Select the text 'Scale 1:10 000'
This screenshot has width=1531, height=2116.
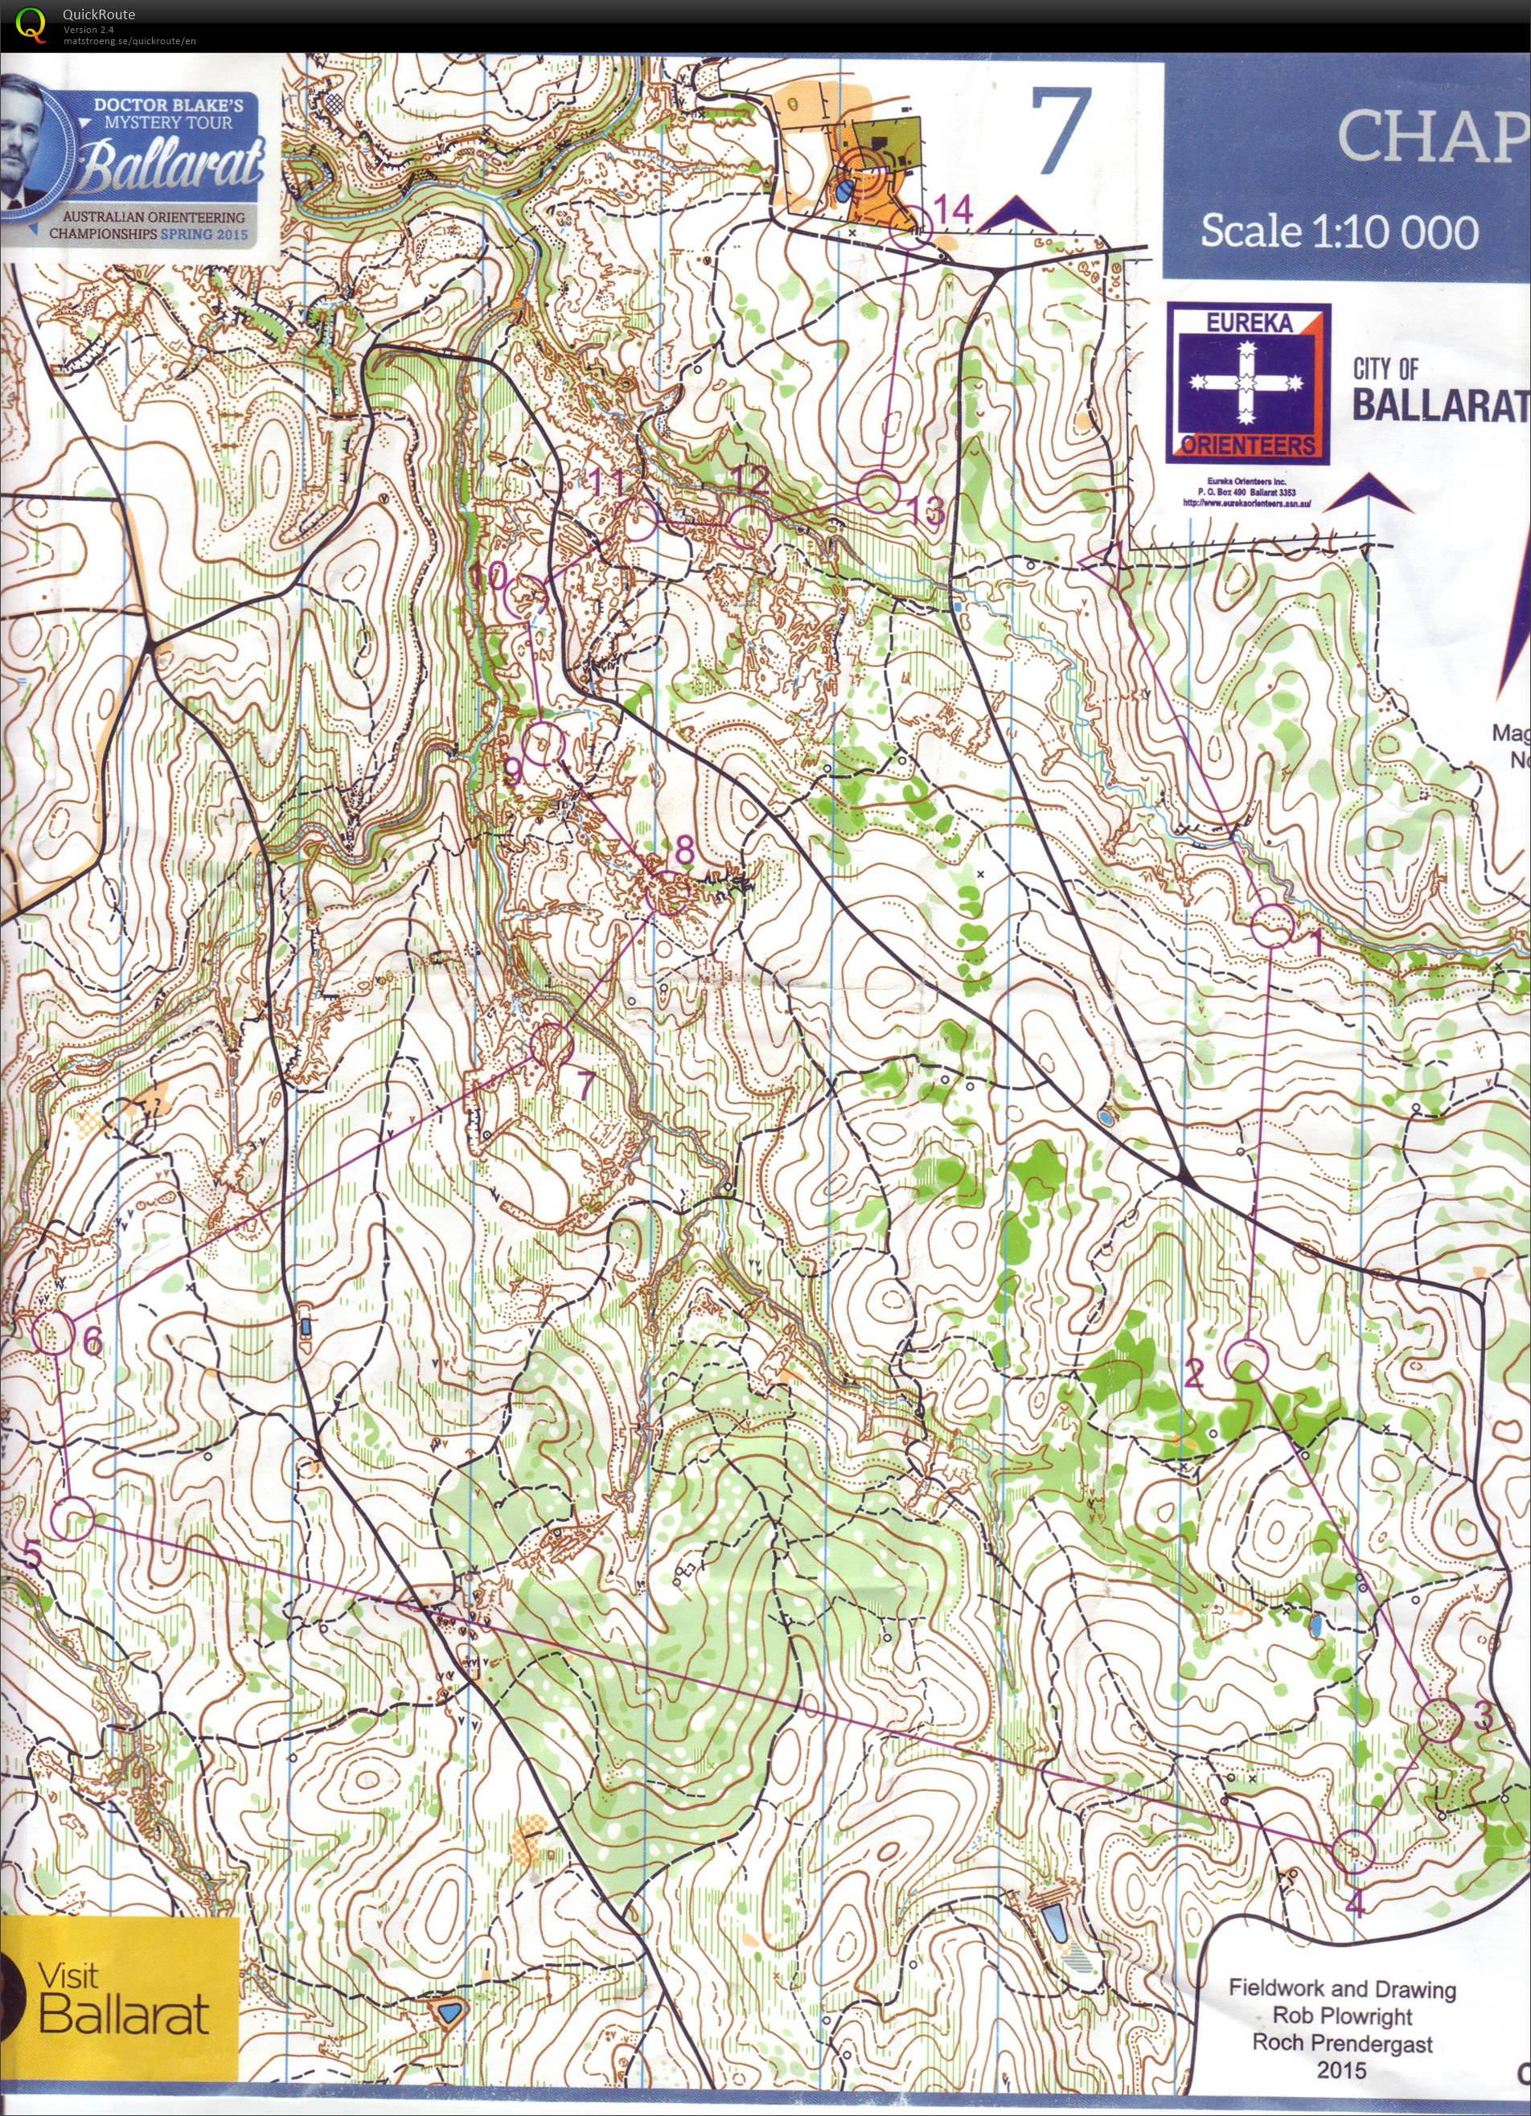(1339, 231)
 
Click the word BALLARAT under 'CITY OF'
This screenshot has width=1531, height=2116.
(1439, 406)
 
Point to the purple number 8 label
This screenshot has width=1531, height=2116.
(683, 850)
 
